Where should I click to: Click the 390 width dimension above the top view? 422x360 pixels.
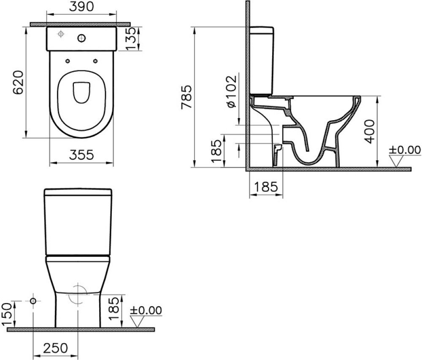(x=82, y=7)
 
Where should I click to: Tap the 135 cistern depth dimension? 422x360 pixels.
(x=133, y=38)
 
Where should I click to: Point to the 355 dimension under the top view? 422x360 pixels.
(x=81, y=155)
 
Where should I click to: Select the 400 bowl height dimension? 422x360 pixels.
(x=370, y=131)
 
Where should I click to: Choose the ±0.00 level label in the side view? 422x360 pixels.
(x=405, y=150)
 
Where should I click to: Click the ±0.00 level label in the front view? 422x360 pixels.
(x=146, y=310)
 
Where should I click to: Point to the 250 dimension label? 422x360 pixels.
(x=55, y=348)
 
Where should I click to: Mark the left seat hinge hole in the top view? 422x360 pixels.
(x=68, y=61)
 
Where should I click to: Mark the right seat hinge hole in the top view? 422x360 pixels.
(x=95, y=61)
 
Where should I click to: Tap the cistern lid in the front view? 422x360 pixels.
(x=78, y=193)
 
